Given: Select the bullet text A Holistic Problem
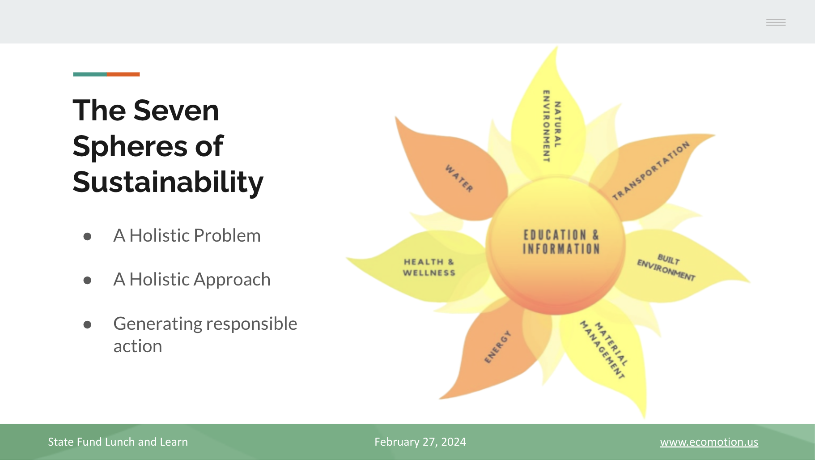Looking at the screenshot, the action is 187,235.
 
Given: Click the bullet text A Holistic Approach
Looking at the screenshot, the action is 192,280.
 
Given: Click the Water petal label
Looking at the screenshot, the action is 459,178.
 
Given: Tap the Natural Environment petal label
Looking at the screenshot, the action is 552,126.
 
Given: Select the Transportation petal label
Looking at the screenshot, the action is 651,170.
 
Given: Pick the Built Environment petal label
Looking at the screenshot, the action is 666,267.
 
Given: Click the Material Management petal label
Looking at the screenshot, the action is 604,350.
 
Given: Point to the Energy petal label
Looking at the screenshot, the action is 497,347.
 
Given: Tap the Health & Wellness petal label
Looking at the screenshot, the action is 429,267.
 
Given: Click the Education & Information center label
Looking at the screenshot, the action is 561,242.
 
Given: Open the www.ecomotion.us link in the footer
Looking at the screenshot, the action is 709,442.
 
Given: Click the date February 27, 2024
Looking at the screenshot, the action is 420,442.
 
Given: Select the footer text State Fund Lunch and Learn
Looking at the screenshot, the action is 118,442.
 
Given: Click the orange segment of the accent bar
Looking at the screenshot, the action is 123,74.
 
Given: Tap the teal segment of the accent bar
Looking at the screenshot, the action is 90,74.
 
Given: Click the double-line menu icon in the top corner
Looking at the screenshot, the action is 776,22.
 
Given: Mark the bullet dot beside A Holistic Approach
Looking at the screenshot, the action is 87,281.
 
